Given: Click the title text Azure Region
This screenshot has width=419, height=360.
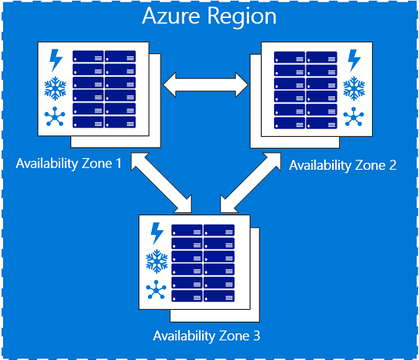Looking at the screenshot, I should (x=209, y=17).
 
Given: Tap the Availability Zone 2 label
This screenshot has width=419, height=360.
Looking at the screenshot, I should (x=343, y=165).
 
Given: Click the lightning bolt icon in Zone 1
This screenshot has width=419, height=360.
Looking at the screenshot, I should (x=56, y=60).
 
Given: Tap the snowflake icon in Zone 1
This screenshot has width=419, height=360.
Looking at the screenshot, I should (x=56, y=88).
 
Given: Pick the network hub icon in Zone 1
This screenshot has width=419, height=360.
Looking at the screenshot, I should (x=56, y=117).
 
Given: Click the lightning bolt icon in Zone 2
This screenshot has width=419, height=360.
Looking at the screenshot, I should (x=354, y=60).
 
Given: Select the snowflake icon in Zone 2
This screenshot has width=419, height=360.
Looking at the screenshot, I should (x=354, y=88).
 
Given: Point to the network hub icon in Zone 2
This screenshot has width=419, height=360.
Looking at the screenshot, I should (x=354, y=117).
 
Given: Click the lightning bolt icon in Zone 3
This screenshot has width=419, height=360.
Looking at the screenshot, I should (x=157, y=233).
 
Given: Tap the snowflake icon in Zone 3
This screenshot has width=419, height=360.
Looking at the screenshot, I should (x=157, y=261).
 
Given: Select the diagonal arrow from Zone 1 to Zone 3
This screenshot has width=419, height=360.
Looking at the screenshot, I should (x=162, y=182).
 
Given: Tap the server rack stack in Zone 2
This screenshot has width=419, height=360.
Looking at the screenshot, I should (x=305, y=89).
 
